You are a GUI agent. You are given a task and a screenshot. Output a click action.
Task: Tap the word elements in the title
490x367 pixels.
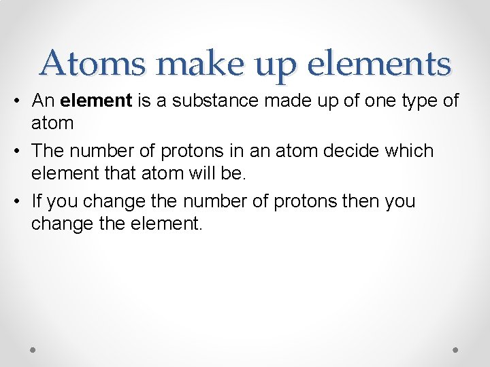tap(380, 64)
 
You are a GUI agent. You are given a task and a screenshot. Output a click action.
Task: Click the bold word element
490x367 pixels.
tap(96, 101)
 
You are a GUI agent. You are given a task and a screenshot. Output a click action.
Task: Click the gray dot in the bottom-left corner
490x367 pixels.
tap(33, 349)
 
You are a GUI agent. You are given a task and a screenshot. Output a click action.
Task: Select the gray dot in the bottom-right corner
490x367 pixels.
tap(456, 349)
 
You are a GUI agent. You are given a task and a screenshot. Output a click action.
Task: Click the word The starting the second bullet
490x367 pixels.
tap(48, 150)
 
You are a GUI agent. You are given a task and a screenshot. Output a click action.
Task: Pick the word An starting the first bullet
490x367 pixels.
tap(43, 101)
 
